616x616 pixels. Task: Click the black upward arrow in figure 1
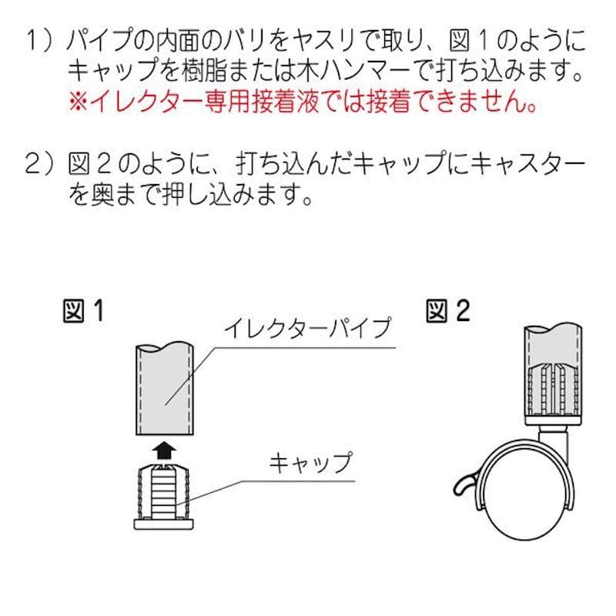tap(164, 450)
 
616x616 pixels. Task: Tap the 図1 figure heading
tap(84, 311)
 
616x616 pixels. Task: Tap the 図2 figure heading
tap(448, 311)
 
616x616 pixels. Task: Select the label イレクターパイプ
tap(308, 329)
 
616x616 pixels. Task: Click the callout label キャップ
tap(311, 462)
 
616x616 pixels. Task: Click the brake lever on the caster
tap(466, 486)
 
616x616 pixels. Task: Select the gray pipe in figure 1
tap(165, 388)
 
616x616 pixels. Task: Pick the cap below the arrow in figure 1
tap(164, 496)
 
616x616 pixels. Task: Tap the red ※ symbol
tap(79, 102)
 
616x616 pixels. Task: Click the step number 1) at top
tap(39, 41)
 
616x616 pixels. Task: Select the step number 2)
tap(39, 163)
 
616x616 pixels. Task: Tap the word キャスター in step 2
tap(527, 163)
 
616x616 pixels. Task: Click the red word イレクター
tap(147, 102)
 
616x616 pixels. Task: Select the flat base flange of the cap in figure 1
tap(164, 524)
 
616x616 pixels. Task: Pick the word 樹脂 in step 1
tap(204, 71)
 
